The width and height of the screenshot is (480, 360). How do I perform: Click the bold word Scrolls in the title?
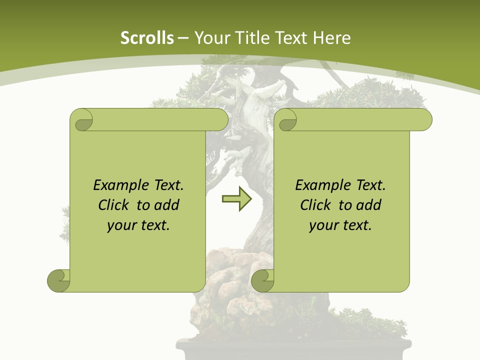pyautogui.click(x=147, y=38)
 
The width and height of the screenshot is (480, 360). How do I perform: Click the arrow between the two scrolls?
pyautogui.click(x=236, y=199)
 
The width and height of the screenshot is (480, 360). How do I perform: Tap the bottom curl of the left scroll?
pyautogui.click(x=59, y=280)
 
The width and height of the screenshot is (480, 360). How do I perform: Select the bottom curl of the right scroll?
pyautogui.click(x=262, y=280)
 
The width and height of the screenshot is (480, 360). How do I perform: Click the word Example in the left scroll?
pyautogui.click(x=116, y=185)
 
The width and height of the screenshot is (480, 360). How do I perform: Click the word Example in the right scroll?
pyautogui.click(x=318, y=185)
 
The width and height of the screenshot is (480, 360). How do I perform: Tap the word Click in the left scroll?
pyautogui.click(x=113, y=205)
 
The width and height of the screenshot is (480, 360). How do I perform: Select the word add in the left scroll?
pyautogui.click(x=167, y=205)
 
